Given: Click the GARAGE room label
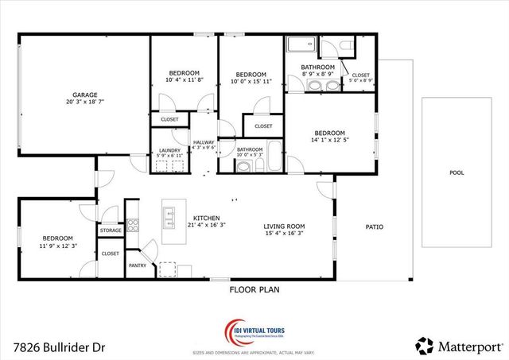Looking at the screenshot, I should pos(85,94).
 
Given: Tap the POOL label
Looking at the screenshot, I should pos(456,172).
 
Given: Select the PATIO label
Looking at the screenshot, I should pos(374,226).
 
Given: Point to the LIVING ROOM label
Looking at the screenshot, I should pos(284,226).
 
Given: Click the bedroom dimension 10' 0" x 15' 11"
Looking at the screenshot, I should pos(251,80).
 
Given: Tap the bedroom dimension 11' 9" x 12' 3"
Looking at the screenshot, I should pos(57,246).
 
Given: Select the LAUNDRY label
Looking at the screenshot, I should pos(169,149).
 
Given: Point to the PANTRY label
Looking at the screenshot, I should pos(137,265).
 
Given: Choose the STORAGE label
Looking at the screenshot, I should pos(111,230).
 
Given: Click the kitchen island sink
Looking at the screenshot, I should pos(169,214).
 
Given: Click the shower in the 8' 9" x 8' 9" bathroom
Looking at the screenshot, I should pos(301,45).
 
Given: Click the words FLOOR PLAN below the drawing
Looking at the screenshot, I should pos(254,290).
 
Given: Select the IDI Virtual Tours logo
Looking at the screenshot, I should pos(254,331).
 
